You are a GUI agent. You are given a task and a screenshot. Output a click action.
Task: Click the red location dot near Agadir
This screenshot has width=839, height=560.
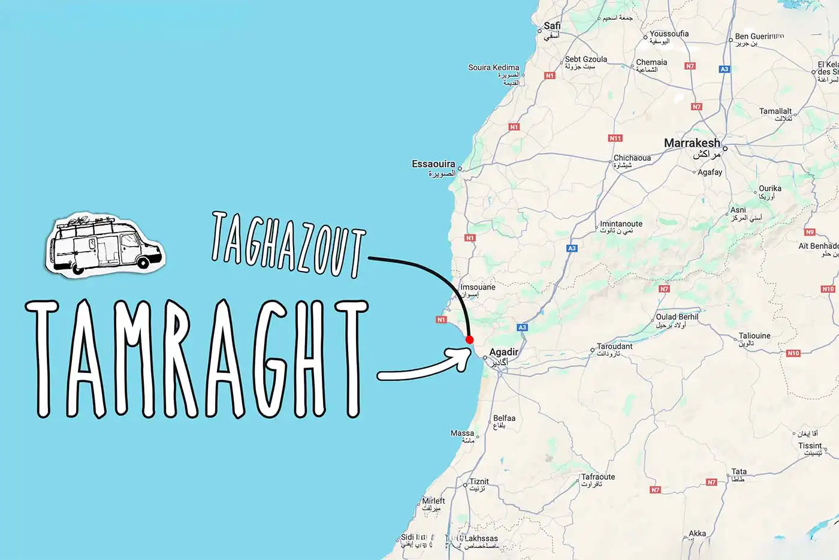click(469, 339)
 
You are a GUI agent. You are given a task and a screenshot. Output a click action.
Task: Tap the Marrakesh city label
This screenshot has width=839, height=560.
click(692, 143)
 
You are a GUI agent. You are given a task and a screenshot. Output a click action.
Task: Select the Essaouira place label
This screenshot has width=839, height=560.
click(433, 164)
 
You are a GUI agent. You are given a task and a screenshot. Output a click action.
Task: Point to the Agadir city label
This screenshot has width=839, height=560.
click(503, 352)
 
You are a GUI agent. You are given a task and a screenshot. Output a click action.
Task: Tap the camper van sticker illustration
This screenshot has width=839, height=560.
click(105, 245)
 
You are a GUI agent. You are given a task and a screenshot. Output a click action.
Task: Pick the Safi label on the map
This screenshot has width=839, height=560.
click(552, 26)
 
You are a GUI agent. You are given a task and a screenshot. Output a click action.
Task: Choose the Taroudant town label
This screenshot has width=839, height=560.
click(614, 347)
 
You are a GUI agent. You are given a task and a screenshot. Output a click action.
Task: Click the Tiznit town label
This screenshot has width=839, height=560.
click(479, 481)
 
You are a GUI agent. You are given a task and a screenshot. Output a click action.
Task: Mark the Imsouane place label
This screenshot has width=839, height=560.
click(478, 287)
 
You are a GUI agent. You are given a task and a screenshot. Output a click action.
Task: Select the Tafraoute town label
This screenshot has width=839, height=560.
click(597, 477)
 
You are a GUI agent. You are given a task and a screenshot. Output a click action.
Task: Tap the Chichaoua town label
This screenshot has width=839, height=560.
click(632, 158)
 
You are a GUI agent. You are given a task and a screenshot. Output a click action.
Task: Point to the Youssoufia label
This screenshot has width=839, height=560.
click(669, 34)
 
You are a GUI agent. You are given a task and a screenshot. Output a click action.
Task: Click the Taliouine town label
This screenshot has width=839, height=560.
click(755, 336)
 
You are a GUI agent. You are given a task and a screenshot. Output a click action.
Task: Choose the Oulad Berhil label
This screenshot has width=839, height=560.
click(677, 317)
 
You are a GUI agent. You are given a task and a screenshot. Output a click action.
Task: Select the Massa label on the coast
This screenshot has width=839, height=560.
click(462, 433)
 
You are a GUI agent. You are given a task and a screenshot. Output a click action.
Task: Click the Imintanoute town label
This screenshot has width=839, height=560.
click(621, 224)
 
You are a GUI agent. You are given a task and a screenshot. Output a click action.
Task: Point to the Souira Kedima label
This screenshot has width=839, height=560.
click(493, 68)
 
